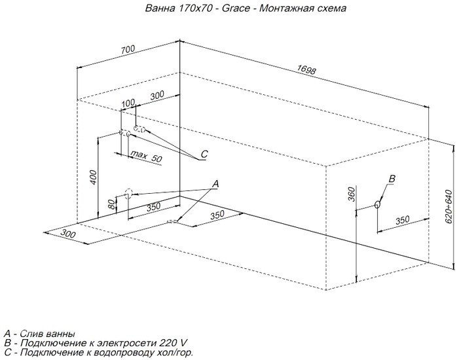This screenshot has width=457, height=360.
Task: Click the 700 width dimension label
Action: tap(128, 49)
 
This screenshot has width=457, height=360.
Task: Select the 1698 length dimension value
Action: tap(306, 70)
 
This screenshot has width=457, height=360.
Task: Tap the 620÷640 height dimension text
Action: tap(449, 206)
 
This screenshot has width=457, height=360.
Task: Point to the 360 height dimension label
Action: tap(352, 194)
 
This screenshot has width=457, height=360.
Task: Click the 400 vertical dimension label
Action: tap(93, 177)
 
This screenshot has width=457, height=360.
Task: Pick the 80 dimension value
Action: tap(111, 205)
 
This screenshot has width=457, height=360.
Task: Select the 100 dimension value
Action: tap(128, 103)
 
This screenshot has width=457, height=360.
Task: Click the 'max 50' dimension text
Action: tap(146, 156)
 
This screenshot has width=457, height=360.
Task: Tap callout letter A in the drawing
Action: tap(215, 184)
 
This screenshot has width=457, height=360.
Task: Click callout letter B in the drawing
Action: tap(392, 178)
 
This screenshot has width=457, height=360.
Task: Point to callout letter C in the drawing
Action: tap(204, 154)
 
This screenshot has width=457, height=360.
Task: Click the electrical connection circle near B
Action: tap(377, 204)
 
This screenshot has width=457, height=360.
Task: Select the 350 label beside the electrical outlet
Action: tap(402, 220)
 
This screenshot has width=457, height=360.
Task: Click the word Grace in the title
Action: tap(236, 8)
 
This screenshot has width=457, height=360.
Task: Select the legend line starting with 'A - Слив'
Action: tap(39, 333)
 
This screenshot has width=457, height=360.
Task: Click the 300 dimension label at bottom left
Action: tap(68, 234)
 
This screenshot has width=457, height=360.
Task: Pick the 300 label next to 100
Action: tap(157, 96)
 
